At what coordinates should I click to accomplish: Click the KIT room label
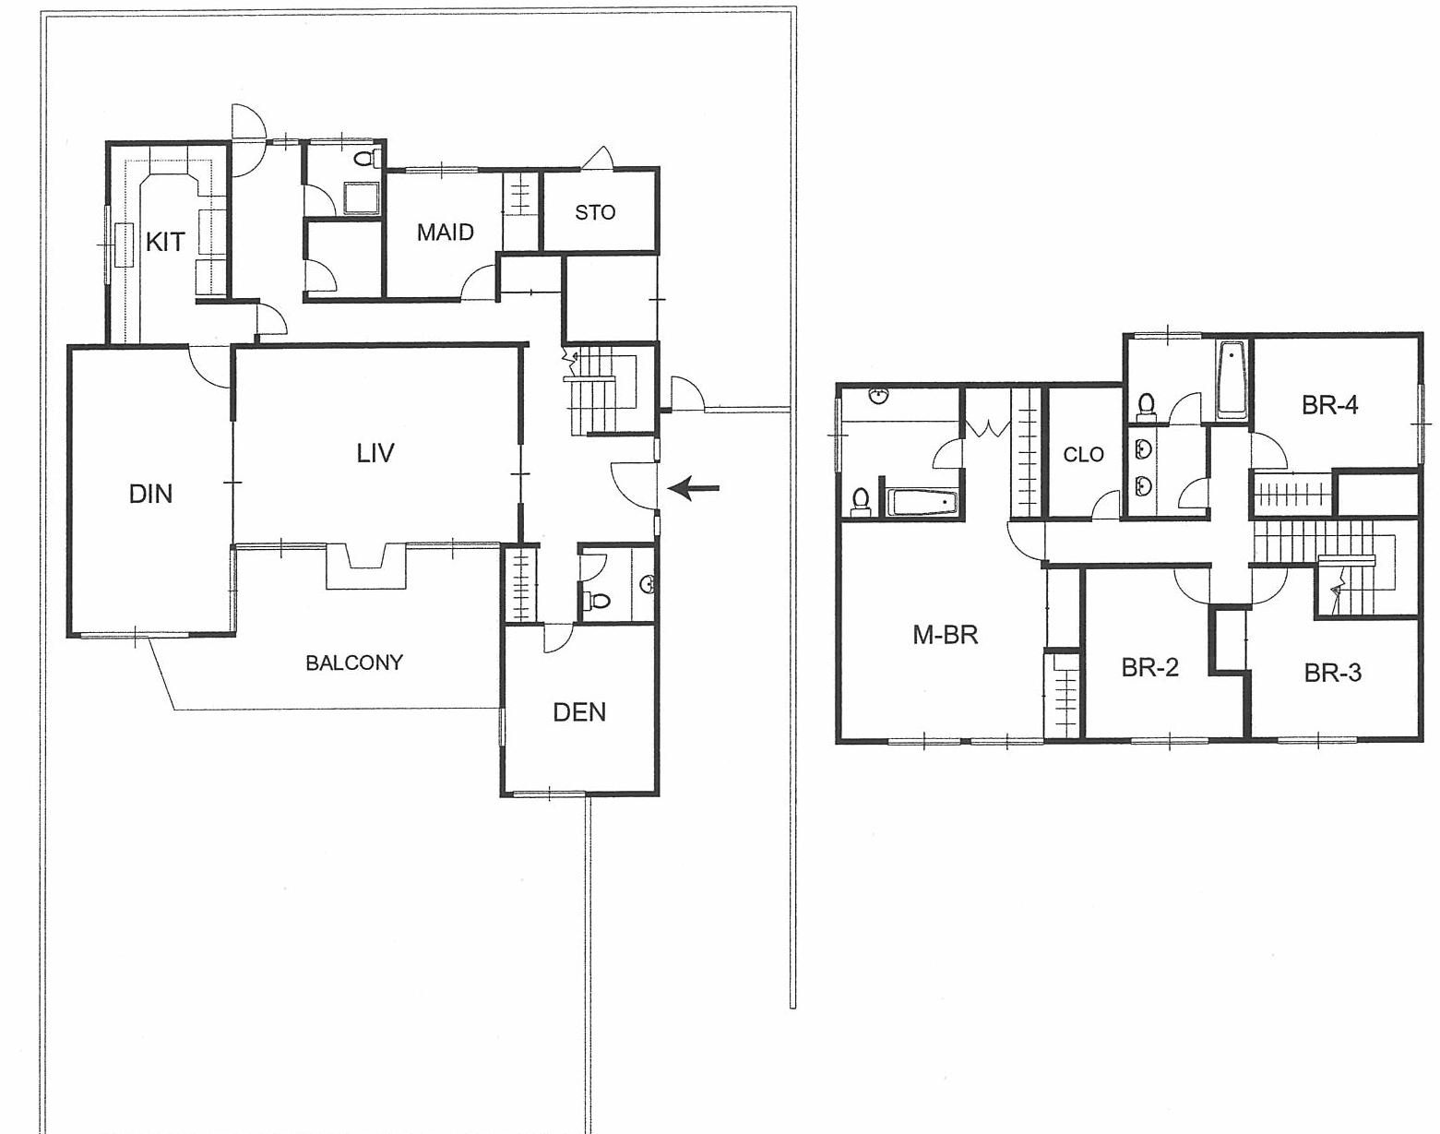165,243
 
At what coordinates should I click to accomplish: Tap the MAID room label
445,233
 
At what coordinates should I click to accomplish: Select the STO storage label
595,212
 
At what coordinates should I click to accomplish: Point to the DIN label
150,495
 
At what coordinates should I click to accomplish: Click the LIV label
375,453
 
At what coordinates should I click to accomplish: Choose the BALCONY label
354,662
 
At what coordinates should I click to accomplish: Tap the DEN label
579,712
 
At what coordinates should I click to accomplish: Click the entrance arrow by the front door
693,488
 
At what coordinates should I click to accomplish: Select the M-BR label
945,635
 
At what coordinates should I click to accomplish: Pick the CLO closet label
1083,454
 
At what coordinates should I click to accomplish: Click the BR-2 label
1149,667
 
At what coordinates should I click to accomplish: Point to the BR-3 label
1332,674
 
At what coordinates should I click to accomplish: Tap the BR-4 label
1329,405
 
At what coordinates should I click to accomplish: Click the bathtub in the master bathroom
922,503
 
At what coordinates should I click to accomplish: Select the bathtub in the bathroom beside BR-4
1232,379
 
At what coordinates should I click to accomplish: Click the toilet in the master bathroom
861,500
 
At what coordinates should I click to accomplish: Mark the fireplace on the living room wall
366,565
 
